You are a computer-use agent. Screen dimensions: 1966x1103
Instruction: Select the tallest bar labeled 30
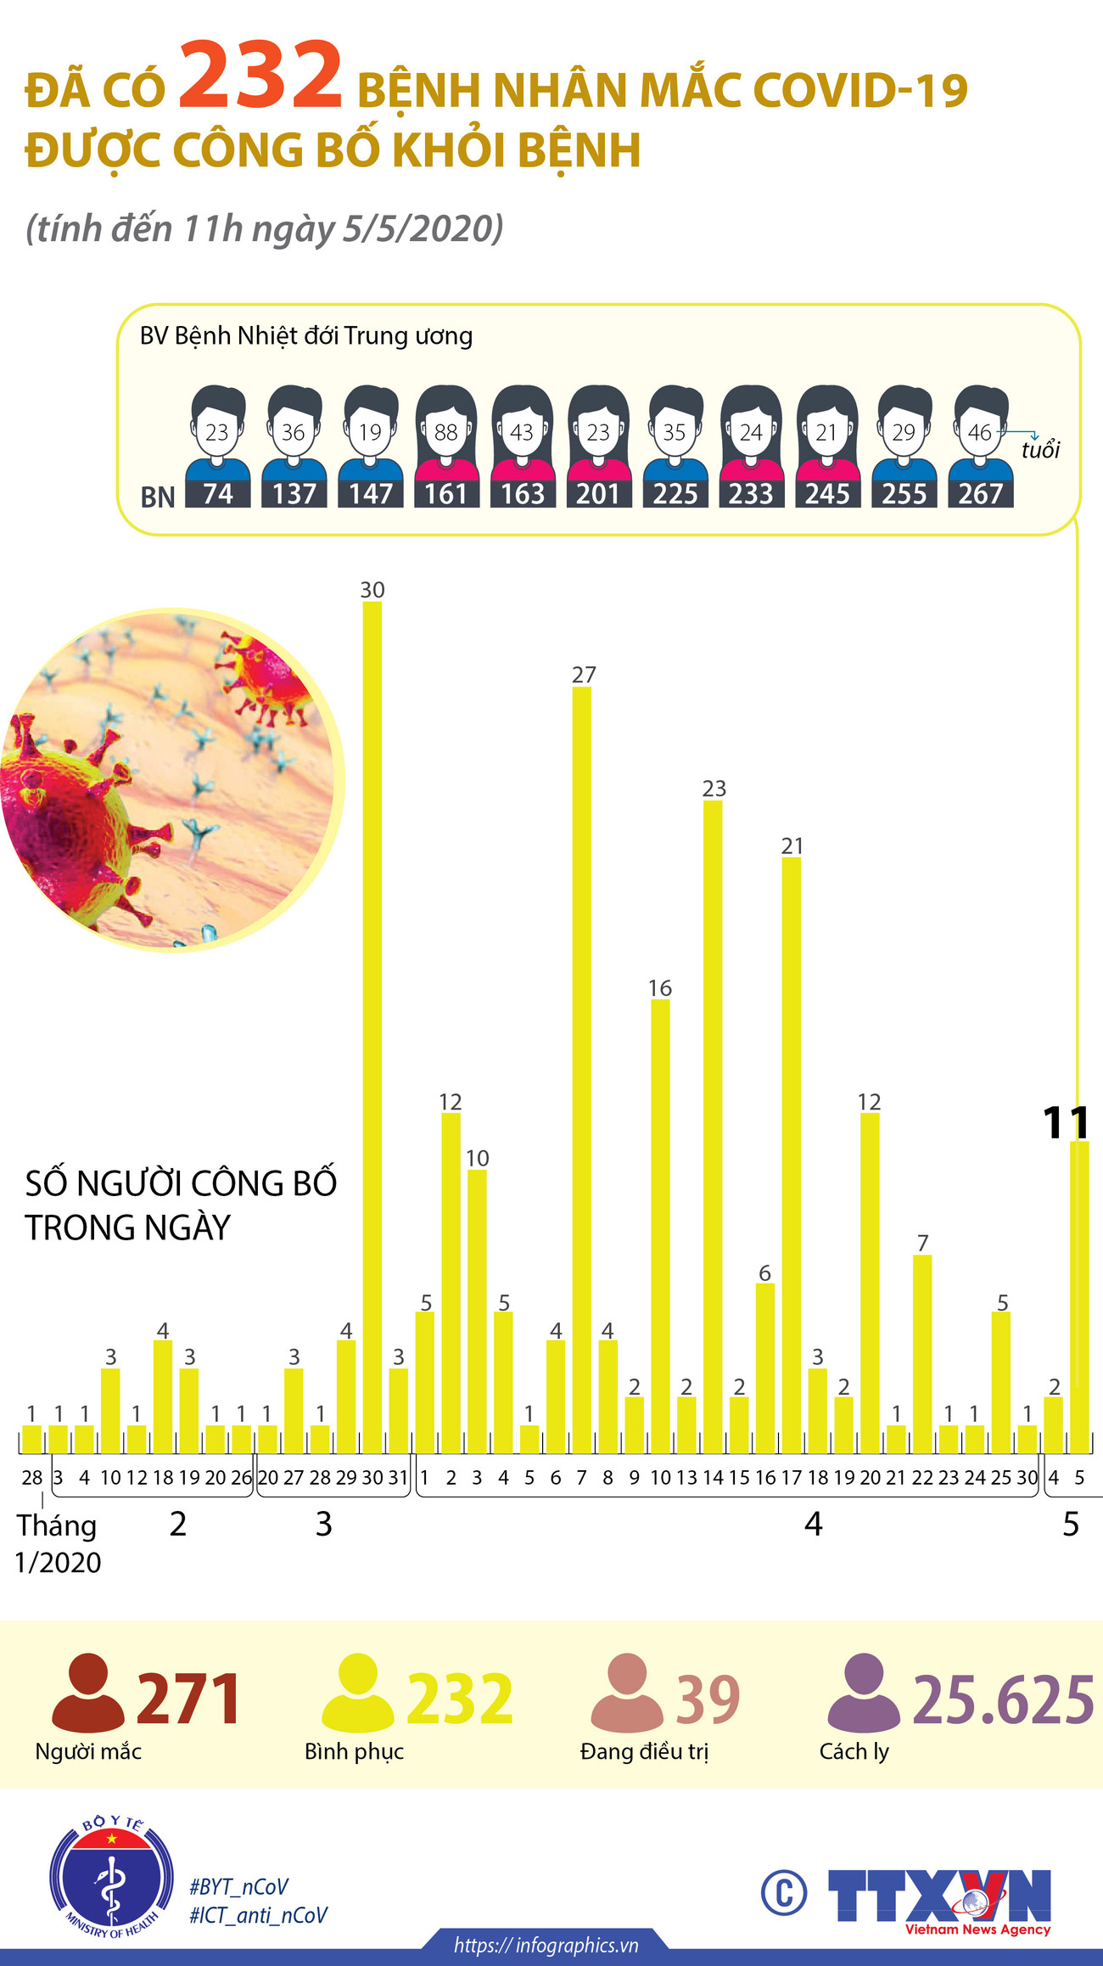[372, 1019]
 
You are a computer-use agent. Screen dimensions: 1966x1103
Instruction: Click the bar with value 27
[582, 1061]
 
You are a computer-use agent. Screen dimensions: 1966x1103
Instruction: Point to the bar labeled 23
[713, 1121]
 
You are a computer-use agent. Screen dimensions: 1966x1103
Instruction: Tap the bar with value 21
[791, 1146]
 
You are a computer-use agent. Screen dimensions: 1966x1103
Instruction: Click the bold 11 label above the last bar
[1066, 1122]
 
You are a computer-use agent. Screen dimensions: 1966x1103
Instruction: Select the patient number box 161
[446, 493]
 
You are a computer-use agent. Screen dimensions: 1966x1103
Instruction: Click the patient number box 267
[981, 493]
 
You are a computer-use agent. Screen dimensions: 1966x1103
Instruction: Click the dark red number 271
[188, 1699]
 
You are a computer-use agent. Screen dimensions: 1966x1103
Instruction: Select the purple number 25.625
[1003, 1699]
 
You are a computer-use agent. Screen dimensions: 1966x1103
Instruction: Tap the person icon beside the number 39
[626, 1693]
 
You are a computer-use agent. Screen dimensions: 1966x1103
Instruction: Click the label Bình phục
[354, 1751]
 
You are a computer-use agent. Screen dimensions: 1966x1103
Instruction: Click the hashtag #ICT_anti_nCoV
[258, 1915]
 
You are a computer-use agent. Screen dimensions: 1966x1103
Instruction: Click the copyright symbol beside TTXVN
[783, 1892]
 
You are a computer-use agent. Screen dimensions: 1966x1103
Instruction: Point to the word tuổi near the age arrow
[1040, 450]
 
